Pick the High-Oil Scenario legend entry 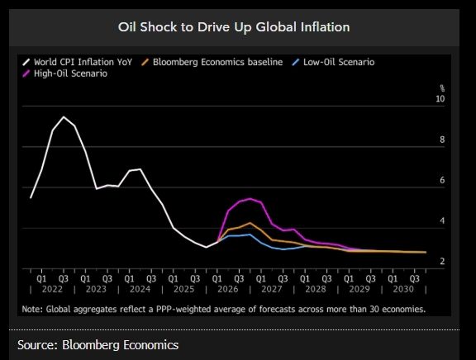click(x=71, y=73)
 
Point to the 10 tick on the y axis click(x=440, y=99)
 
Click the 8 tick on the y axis click(x=442, y=140)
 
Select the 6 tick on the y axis click(x=442, y=180)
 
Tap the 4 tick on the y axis click(x=442, y=220)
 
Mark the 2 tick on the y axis click(x=442, y=262)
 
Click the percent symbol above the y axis click(x=441, y=88)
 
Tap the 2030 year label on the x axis click(x=402, y=290)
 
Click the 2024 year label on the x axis click(x=140, y=290)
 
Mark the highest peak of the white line click(x=64, y=117)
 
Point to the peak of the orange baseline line click(x=250, y=223)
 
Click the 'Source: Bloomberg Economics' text click(x=98, y=344)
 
